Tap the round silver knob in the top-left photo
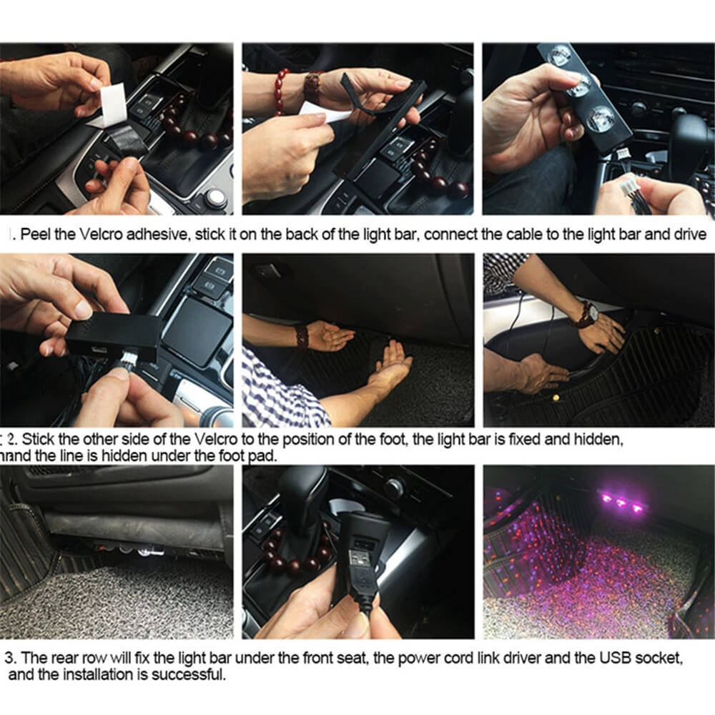[214, 198]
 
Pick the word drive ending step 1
[691, 235]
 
